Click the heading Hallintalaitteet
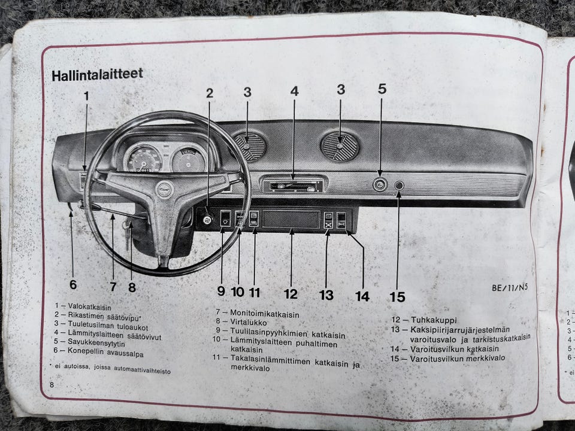click(97, 75)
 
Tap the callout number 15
click(398, 296)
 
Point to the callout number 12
click(291, 294)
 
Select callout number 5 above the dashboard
click(382, 89)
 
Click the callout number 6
click(73, 284)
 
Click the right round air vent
click(340, 147)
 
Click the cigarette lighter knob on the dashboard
click(380, 184)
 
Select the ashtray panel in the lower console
click(291, 219)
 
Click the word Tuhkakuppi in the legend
click(434, 320)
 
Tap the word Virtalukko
click(248, 322)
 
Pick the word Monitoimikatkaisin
click(264, 314)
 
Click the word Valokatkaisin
click(89, 307)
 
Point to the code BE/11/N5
click(510, 287)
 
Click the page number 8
click(52, 384)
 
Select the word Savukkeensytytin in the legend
click(96, 343)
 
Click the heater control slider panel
click(293, 186)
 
